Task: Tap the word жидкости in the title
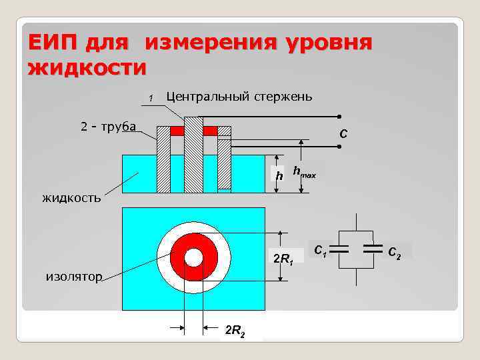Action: (87, 68)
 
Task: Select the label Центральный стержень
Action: (239, 96)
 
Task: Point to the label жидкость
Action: (71, 197)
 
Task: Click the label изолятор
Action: (74, 277)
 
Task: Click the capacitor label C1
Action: (321, 251)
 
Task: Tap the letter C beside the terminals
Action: (343, 134)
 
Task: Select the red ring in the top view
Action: (179, 257)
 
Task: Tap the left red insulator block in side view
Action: (177, 131)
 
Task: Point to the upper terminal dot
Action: (339, 117)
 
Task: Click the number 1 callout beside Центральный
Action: (151, 99)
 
